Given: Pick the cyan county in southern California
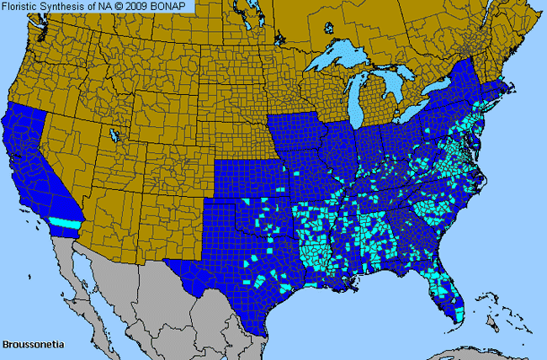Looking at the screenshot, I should pos(62,222).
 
